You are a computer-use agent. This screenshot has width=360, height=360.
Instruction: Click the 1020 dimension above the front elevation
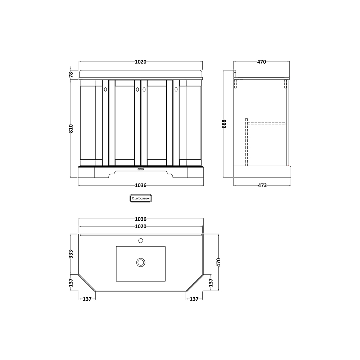pos(141,62)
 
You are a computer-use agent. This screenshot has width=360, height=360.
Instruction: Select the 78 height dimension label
pos(71,74)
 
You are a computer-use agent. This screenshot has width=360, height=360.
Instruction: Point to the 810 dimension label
pos(71,129)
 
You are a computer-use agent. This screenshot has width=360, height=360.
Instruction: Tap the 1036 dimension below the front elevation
pos(141,185)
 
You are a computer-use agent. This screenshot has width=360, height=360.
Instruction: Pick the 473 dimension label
pos(262,185)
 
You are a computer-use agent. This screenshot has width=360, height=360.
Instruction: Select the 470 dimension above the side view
pos(262,62)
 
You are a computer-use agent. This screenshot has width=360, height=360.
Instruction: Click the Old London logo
pos(140,198)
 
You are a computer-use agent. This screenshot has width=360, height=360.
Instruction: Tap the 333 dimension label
pos(71,254)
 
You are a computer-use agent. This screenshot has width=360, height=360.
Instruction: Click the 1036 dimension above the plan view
pos(141,219)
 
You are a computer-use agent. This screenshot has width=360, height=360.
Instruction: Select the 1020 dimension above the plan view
pos(141,226)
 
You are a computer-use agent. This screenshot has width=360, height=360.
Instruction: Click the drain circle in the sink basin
pos(141,262)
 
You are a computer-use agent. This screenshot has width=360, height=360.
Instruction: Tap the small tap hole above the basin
pos(141,240)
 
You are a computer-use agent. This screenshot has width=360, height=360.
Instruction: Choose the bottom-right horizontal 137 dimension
pos(194,299)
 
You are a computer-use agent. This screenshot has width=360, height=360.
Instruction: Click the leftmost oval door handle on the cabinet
pos(105,90)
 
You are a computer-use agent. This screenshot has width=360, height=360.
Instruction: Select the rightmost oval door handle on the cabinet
pos(176,90)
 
